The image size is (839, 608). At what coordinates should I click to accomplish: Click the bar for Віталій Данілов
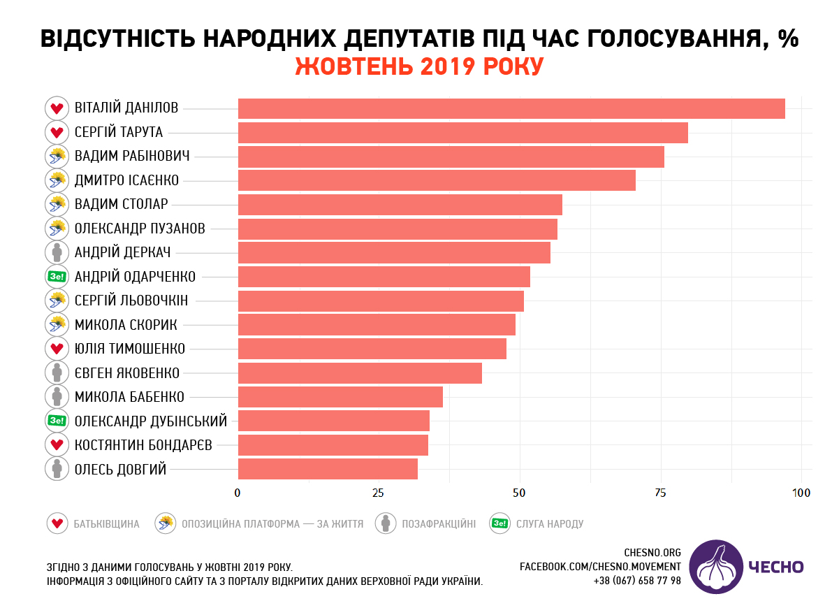point(511,109)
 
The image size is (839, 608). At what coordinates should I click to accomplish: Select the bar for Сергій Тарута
point(462,133)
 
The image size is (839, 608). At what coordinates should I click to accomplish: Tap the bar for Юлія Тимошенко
point(372,349)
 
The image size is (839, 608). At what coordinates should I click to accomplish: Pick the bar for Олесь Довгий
point(328,469)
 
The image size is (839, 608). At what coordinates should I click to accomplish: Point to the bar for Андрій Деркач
point(394,253)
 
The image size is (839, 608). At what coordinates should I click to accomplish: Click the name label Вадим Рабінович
point(132,157)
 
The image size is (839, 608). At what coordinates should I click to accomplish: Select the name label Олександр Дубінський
point(151,421)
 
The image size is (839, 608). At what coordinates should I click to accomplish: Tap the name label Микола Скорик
point(126,325)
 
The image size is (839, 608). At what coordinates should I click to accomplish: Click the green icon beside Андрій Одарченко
point(57,277)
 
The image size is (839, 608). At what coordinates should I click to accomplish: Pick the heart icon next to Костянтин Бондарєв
point(57,445)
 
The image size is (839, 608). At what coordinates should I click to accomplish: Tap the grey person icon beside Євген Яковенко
point(57,373)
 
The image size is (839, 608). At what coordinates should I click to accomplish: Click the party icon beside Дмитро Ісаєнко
point(57,181)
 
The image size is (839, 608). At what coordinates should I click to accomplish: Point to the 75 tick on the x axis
point(660,493)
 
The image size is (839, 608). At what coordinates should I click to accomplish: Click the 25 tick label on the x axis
point(378,493)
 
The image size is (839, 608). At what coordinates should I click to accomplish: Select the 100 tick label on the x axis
point(801,493)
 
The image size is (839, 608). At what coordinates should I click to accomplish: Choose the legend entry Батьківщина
point(106,523)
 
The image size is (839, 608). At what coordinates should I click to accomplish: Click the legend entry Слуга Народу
point(549,523)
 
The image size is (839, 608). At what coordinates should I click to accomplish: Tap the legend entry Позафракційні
point(438,523)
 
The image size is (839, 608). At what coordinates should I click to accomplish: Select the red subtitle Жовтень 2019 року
point(419,66)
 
